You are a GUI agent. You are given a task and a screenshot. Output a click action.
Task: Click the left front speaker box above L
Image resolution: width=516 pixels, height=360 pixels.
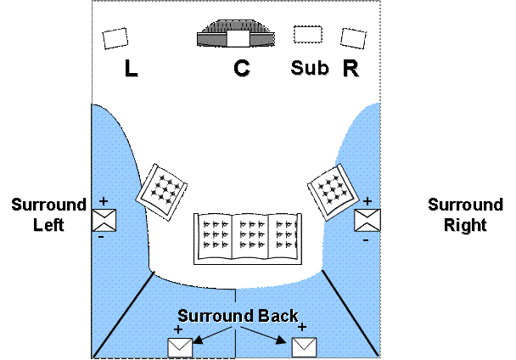point(115,38)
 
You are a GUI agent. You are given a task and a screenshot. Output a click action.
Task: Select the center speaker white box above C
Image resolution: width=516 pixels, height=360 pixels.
point(238,37)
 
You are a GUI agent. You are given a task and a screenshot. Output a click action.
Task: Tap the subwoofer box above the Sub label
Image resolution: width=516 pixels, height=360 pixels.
point(307,35)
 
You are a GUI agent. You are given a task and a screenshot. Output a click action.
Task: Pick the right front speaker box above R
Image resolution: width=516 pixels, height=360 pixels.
point(353,38)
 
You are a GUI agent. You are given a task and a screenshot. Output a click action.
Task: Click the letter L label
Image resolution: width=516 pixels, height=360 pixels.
point(132,70)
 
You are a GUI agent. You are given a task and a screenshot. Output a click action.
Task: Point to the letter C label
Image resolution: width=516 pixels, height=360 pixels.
point(244,70)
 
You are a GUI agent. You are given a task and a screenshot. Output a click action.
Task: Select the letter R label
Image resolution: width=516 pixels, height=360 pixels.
point(351,69)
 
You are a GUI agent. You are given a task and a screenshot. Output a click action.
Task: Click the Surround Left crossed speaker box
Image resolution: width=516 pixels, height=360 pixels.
point(104,220)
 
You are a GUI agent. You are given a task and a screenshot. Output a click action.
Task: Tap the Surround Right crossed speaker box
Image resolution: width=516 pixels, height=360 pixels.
point(367,220)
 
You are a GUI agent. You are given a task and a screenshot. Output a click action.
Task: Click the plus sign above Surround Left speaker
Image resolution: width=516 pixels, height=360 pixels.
point(104,202)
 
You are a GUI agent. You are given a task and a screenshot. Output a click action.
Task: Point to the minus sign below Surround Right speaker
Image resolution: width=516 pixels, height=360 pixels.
point(365,240)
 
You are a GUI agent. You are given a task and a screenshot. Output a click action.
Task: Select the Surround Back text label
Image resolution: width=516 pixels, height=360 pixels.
point(238,316)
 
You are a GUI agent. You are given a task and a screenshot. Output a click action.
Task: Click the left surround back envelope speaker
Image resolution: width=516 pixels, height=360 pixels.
point(180,346)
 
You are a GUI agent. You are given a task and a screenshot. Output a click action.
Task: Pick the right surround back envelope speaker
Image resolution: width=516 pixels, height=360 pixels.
point(304,346)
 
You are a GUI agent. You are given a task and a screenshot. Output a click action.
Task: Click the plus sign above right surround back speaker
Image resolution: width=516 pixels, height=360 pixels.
point(303,327)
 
